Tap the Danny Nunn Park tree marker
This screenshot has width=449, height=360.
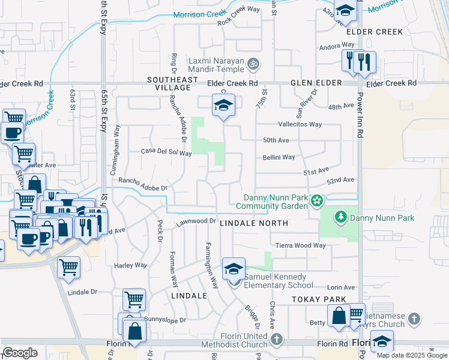tap(341, 217)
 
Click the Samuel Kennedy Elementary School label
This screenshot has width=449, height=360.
tap(274, 281)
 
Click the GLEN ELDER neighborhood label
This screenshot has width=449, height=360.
tap(316, 83)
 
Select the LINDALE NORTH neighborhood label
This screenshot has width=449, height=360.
tap(254, 223)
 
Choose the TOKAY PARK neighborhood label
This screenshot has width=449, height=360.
tap(319, 299)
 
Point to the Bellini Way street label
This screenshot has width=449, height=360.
tap(278, 157)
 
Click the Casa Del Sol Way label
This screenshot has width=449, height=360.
tap(166, 153)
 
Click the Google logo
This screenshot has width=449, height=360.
tap(20, 353)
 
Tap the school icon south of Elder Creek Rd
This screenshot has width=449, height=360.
tap(223, 106)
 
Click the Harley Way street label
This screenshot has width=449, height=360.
tap(130, 265)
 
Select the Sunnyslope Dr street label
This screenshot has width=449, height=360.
tap(165, 320)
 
